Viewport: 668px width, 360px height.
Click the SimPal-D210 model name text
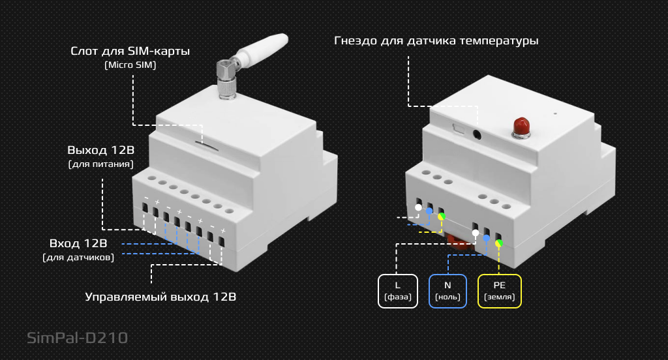[77, 338]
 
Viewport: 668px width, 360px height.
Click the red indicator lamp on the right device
[520, 126]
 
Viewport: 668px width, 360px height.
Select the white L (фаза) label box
[397, 291]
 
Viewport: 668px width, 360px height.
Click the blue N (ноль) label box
[448, 291]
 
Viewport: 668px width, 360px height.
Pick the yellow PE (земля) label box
[499, 291]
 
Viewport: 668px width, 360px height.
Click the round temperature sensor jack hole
[477, 134]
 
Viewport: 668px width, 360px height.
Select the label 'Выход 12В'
[100, 150]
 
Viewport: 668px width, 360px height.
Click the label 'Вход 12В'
[78, 243]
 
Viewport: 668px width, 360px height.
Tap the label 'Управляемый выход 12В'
[160, 297]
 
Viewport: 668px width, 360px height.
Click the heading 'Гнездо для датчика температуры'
[436, 40]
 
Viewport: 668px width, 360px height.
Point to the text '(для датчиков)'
[78, 258]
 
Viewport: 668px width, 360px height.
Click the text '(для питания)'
[100, 164]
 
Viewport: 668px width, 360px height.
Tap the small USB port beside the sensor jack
[458, 129]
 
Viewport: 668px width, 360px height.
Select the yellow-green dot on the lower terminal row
[499, 244]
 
